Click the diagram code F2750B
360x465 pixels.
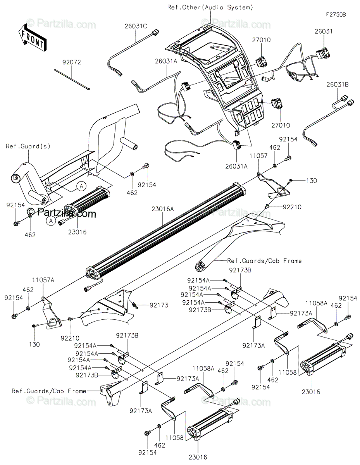tap(335, 15)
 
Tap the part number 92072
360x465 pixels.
tap(72, 62)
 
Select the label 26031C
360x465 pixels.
tap(136, 26)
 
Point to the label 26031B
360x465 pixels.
tap(337, 84)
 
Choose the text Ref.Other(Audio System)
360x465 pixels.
tap(210, 7)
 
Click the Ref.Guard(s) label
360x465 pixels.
tap(28, 146)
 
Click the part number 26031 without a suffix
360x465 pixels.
tap(324, 31)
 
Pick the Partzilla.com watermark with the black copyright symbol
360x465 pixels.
tap(62, 212)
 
